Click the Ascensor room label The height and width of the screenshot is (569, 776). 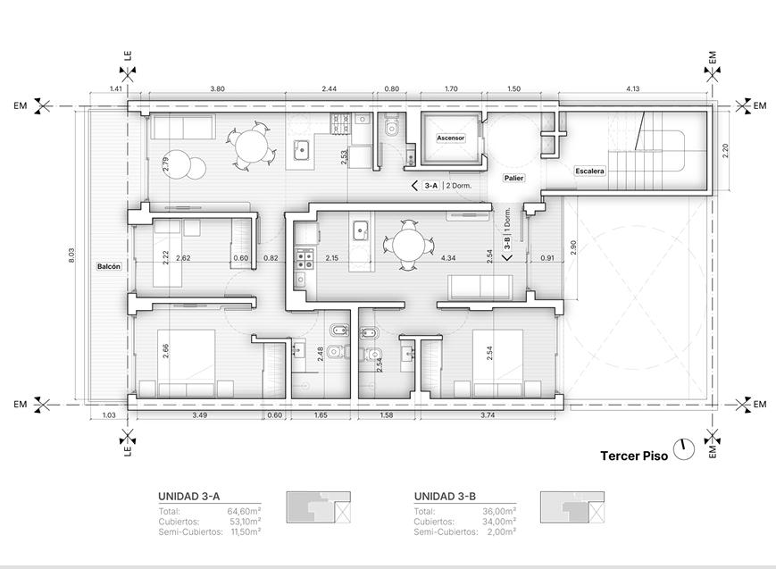(450, 138)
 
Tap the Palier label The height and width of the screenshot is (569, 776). (513, 178)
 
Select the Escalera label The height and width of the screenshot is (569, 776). (589, 171)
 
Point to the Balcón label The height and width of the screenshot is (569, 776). (108, 266)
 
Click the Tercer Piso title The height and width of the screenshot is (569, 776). (634, 456)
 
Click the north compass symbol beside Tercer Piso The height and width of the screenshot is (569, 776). (684, 449)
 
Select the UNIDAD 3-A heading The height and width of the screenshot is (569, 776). (189, 497)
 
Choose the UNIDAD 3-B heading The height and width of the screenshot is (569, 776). (445, 497)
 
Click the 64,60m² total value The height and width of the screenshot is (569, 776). (244, 511)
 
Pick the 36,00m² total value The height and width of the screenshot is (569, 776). (499, 511)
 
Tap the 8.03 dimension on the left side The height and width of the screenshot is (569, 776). (71, 255)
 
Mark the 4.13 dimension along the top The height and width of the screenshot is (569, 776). (632, 89)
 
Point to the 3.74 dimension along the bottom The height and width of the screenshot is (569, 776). (488, 415)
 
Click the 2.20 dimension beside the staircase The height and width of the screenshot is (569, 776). (725, 151)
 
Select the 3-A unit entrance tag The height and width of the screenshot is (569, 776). (431, 186)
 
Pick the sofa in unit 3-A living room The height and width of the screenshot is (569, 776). (183, 127)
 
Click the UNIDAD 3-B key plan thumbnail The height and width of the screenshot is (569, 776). (572, 507)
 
